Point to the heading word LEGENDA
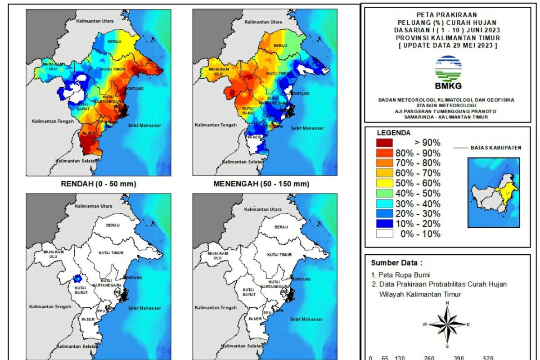click(x=393, y=133)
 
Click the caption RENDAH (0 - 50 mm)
click(x=99, y=184)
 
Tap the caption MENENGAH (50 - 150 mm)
click(x=261, y=184)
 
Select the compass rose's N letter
click(x=447, y=303)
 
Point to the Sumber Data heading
click(x=396, y=263)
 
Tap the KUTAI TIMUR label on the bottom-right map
click(x=279, y=255)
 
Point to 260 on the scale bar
click(x=429, y=358)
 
